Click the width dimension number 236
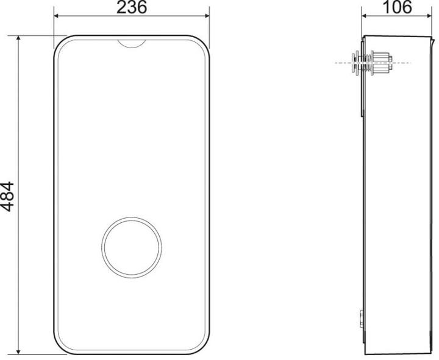click(x=131, y=7)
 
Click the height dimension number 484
click(x=7, y=196)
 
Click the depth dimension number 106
click(x=397, y=7)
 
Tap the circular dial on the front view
click(x=132, y=247)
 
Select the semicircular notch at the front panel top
click(x=132, y=44)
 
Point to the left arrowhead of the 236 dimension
click(x=56, y=16)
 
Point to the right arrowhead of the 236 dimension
click(x=207, y=16)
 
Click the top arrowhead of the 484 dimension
click(x=18, y=38)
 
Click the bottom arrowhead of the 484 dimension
click(x=18, y=352)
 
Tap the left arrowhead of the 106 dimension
click(x=364, y=16)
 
